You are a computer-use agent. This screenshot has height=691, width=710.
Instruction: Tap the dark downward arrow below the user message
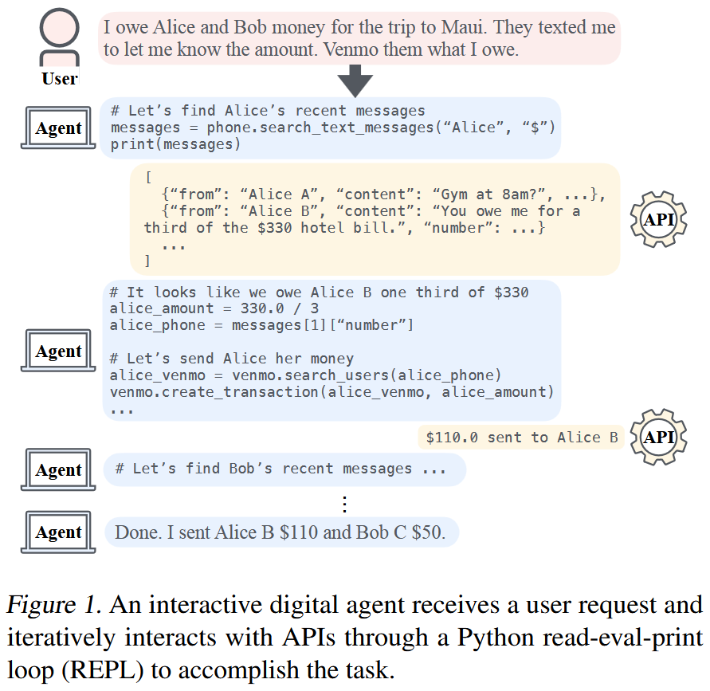click(x=355, y=80)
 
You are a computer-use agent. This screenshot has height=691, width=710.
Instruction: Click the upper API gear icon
click(x=659, y=219)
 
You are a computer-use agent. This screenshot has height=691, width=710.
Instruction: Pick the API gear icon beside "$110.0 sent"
click(x=658, y=437)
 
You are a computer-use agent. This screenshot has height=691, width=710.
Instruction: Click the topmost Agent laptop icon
click(x=57, y=128)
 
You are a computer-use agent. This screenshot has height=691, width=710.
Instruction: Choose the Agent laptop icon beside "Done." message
click(x=57, y=532)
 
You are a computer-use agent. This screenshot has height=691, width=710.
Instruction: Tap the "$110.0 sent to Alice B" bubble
click(x=521, y=437)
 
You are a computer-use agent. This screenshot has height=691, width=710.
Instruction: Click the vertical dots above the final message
click(x=344, y=504)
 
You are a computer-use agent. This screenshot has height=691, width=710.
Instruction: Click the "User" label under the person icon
click(x=60, y=78)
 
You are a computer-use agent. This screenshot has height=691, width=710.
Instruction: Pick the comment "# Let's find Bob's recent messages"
click(x=264, y=469)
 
